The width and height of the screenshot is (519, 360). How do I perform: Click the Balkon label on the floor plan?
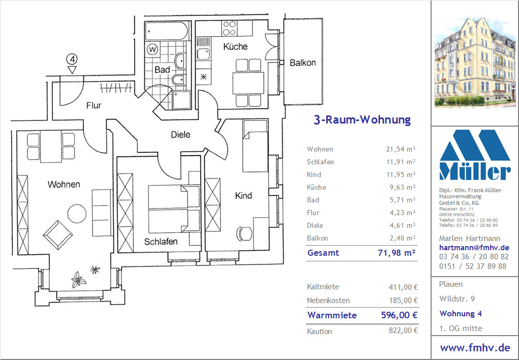(x=302, y=63)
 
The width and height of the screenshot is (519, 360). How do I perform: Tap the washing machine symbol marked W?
(x=152, y=50)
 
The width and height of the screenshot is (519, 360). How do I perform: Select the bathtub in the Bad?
(x=167, y=31)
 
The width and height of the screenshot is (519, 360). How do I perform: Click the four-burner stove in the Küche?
(x=229, y=28)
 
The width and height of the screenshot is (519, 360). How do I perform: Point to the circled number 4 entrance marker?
(x=72, y=59)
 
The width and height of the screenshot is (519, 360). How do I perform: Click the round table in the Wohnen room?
(x=77, y=213)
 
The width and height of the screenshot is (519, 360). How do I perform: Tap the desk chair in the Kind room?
(x=243, y=234)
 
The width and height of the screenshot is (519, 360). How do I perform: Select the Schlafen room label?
(x=161, y=242)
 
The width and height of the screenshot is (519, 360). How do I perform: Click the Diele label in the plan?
(x=181, y=134)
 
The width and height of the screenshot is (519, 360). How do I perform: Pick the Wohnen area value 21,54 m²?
(x=401, y=149)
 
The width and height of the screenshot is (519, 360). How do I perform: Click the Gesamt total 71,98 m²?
(x=396, y=253)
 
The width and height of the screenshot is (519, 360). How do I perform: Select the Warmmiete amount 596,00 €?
(x=399, y=315)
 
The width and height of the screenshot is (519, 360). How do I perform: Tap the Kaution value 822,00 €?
(x=403, y=331)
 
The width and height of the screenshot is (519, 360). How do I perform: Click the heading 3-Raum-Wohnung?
(x=362, y=120)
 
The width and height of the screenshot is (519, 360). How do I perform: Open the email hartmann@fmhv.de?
(x=474, y=248)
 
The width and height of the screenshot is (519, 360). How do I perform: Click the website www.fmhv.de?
(x=475, y=348)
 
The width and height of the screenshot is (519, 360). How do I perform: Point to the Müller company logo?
(x=475, y=155)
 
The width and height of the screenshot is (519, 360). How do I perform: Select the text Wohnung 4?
(x=461, y=314)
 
